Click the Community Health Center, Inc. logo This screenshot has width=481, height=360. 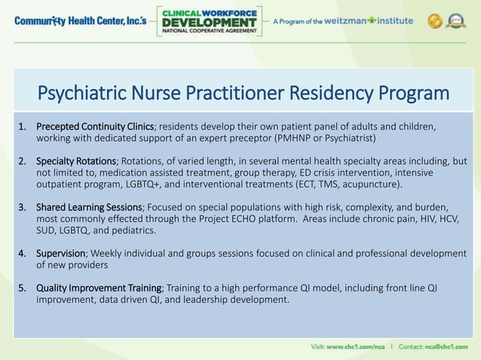[78, 21]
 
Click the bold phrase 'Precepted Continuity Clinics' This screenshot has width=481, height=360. [95, 126]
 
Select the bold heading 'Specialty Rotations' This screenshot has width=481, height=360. [76, 161]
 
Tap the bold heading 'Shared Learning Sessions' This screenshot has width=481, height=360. [89, 207]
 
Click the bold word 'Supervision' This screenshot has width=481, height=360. [63, 253]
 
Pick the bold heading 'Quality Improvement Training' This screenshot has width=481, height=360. [99, 288]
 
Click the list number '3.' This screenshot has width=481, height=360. [23, 207]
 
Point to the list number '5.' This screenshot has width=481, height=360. [23, 288]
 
